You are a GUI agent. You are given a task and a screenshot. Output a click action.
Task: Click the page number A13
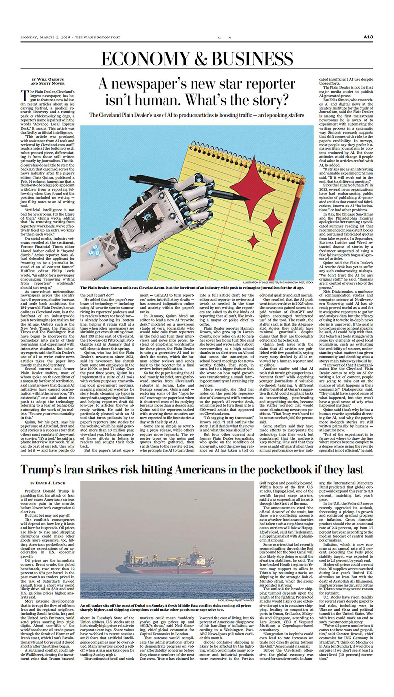point(370,37)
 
